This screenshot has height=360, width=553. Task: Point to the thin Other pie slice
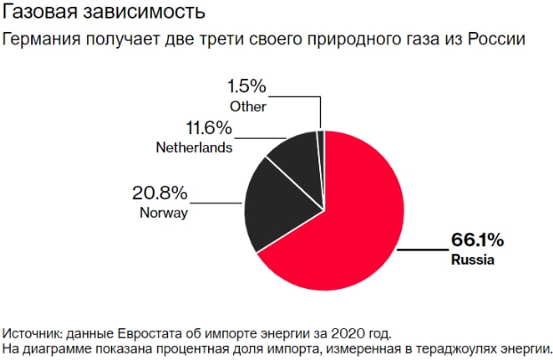click(321, 142)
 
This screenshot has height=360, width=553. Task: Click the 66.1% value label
click(477, 240)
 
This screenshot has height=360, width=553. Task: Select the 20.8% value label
click(161, 193)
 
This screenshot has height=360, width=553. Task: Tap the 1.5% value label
click(246, 87)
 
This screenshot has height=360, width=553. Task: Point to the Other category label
click(248, 107)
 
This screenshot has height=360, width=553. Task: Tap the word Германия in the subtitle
click(41, 39)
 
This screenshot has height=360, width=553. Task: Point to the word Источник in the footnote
click(33, 333)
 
